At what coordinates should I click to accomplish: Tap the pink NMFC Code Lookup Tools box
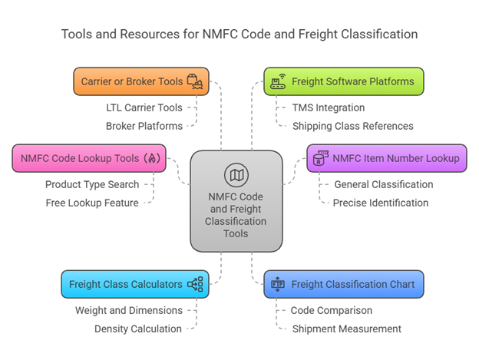[88, 158]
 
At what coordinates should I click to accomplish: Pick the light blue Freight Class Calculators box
[134, 284]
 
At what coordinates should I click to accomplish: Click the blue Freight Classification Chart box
[343, 284]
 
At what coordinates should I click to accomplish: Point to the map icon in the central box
[236, 175]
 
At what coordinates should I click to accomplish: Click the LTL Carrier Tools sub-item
[144, 107]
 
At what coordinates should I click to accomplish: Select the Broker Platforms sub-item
[144, 126]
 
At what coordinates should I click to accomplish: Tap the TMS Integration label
[329, 107]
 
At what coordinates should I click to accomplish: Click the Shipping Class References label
[352, 126]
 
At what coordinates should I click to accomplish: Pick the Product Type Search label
[92, 184]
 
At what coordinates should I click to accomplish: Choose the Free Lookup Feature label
[92, 203]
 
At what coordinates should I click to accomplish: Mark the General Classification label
[383, 184]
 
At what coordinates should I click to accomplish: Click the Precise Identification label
[381, 203]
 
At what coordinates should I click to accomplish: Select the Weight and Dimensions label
[129, 310]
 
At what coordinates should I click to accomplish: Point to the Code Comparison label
[332, 310]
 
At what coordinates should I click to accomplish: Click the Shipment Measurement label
[347, 329]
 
